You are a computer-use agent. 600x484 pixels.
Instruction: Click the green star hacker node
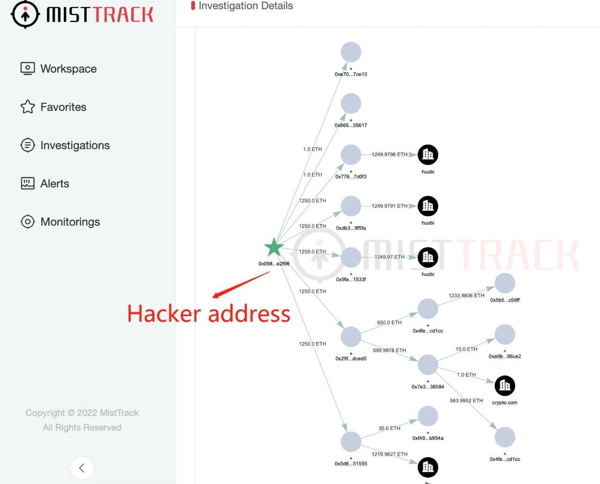(274, 248)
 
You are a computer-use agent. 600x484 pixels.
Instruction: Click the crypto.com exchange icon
(505, 386)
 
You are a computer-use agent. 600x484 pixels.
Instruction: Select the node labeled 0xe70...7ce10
(351, 52)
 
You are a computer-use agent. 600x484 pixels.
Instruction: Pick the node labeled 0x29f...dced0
(351, 337)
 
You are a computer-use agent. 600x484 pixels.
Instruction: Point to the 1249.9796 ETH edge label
(390, 154)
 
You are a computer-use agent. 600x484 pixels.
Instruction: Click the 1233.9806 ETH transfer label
(466, 295)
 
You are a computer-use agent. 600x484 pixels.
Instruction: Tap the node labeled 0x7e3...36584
(427, 364)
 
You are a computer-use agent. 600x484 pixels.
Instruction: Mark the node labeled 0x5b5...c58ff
(505, 283)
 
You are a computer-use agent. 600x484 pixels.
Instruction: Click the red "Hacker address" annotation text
(209, 314)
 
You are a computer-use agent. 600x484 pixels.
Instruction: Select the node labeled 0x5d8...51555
(351, 442)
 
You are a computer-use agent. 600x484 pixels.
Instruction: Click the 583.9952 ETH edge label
(466, 401)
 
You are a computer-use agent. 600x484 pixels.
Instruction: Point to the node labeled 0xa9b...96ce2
(505, 334)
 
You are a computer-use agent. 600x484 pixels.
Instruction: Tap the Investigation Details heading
(246, 6)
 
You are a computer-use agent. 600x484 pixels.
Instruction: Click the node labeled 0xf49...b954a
(427, 416)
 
